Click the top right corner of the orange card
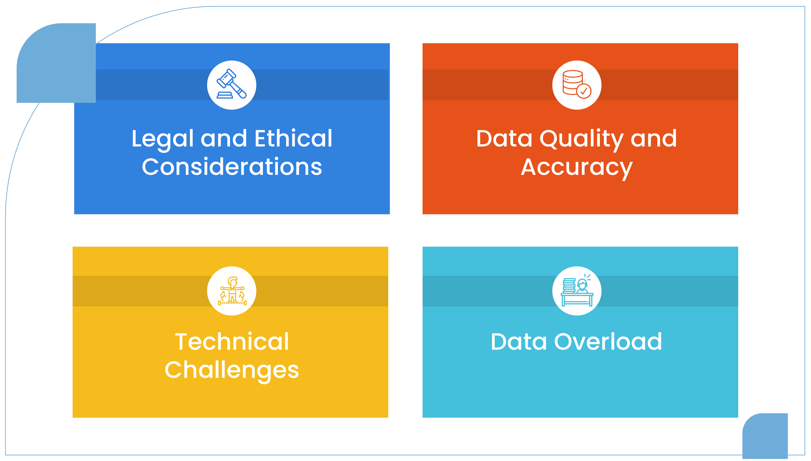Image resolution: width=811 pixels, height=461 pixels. [x=738, y=43]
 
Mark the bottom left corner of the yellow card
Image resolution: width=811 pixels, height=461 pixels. [x=73, y=418]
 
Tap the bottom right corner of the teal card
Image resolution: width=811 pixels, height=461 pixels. [x=738, y=418]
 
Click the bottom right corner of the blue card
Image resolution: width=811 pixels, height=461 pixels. [x=390, y=214]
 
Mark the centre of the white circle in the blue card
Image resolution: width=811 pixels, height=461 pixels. [x=232, y=85]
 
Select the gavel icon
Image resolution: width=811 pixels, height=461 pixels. [x=231, y=84]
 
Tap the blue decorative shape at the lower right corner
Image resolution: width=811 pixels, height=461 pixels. [x=765, y=436]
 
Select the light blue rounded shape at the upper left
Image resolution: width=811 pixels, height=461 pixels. [x=56, y=63]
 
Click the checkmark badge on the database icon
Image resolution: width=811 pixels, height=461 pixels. [x=584, y=91]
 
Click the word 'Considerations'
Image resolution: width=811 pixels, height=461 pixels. [x=232, y=167]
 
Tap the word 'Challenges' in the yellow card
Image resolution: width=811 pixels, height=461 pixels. [x=232, y=371]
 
